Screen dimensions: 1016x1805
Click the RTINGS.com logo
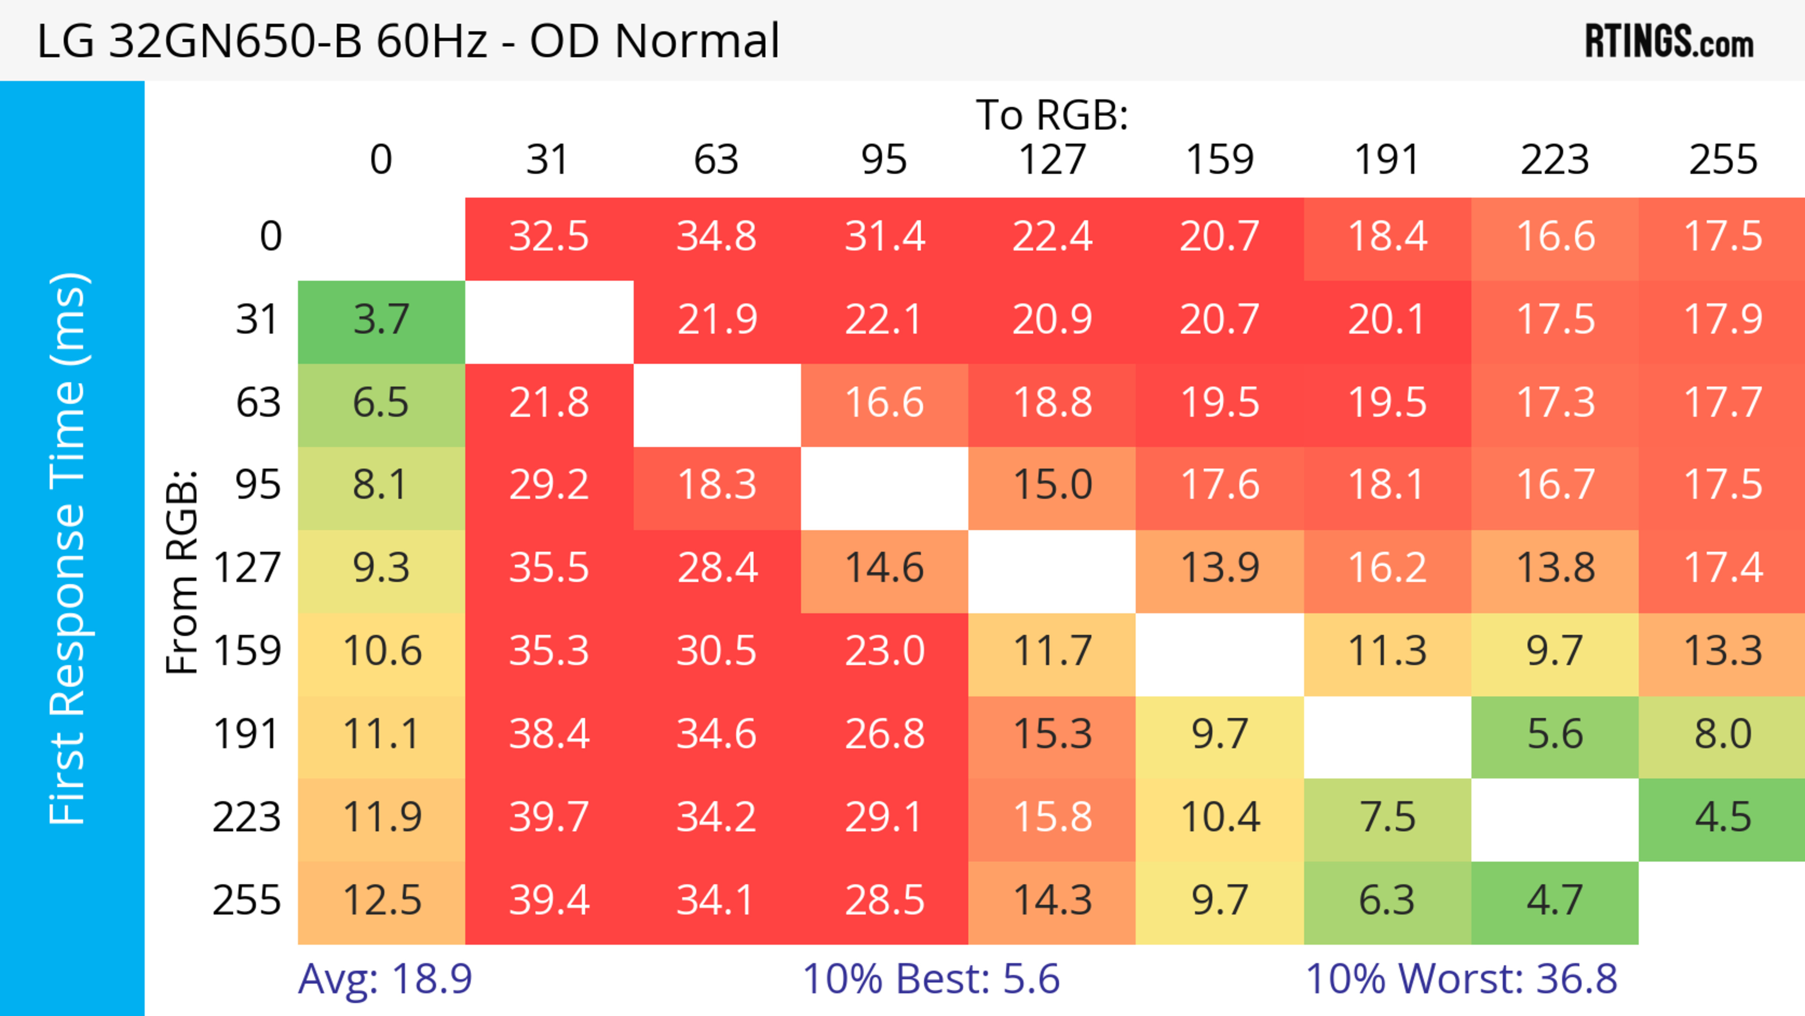click(1669, 40)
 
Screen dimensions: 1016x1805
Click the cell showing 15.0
click(1052, 485)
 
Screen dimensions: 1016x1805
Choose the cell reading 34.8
click(716, 236)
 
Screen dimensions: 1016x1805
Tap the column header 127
click(1052, 160)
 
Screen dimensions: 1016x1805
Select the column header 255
click(1722, 160)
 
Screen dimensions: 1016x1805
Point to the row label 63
click(258, 402)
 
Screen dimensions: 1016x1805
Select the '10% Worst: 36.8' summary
click(1461, 978)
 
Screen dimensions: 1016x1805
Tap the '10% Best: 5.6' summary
click(931, 978)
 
